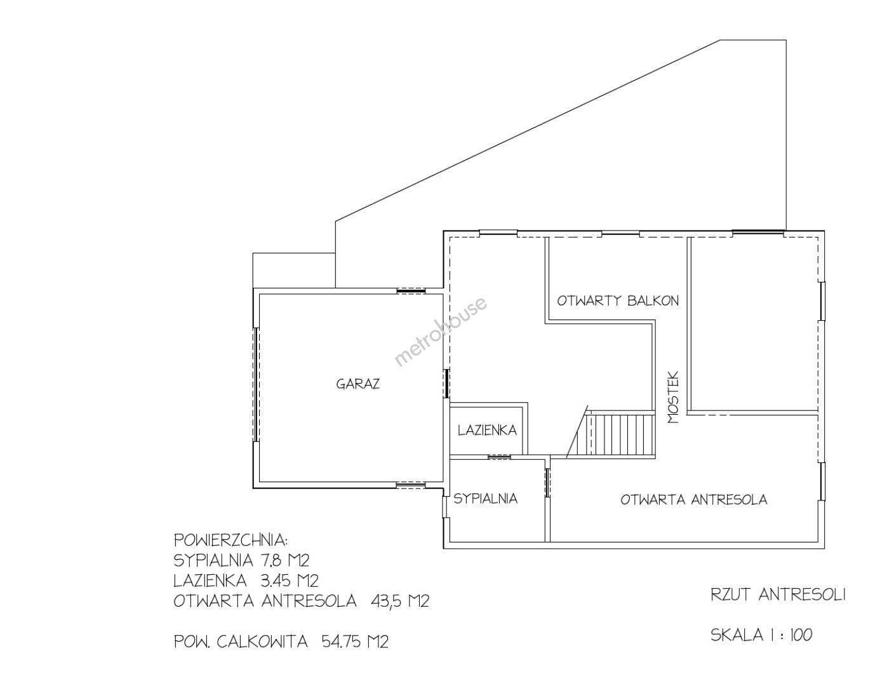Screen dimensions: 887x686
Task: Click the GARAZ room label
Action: pos(358,384)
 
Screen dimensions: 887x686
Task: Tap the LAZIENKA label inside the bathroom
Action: pos(487,430)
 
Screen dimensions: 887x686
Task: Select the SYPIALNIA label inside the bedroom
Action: pos(485,499)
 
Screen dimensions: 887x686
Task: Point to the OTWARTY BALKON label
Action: pos(618,301)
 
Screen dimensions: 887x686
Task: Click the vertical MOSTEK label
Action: pos(674,397)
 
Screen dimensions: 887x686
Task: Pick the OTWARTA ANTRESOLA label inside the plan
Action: pos(694,500)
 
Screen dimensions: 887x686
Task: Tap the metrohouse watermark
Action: pos(441,331)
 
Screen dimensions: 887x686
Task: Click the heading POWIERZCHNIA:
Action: pos(231,540)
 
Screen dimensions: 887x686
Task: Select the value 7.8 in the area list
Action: pos(270,560)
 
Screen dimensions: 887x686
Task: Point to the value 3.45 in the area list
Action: pos(276,581)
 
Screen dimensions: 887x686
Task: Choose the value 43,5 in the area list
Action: pos(386,601)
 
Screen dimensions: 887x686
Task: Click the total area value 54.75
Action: pos(340,642)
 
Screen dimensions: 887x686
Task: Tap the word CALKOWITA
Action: pos(262,642)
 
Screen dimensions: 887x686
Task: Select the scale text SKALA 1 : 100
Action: pos(761,635)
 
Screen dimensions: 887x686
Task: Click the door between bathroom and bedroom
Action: pos(499,457)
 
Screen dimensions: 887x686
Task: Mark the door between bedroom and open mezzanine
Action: pos(547,483)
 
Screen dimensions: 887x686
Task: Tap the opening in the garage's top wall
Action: pos(411,291)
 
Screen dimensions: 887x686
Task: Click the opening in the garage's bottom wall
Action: pos(410,485)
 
